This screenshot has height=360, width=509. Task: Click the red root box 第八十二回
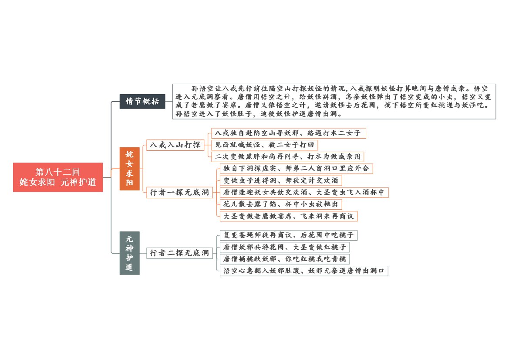(58, 177)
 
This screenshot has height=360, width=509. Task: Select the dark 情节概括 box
(142, 102)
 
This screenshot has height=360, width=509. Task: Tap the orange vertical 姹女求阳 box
(129, 169)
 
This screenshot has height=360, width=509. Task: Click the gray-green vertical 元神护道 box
(129, 253)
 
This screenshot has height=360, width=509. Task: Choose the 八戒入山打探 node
(175, 145)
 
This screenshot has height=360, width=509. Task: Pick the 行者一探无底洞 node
(179, 192)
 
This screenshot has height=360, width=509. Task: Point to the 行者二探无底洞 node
(179, 253)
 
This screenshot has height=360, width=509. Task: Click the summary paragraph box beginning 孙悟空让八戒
(334, 102)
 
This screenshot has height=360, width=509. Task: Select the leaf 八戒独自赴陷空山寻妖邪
(289, 133)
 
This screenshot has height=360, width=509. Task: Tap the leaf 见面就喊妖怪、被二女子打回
(265, 145)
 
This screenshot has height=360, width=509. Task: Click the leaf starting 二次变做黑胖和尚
(288, 156)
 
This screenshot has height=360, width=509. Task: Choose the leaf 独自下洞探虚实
(297, 169)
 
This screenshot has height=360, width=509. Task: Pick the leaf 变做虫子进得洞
(281, 180)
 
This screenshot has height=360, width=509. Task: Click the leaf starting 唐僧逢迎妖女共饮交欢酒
(304, 192)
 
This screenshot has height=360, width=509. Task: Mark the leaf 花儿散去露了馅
(281, 204)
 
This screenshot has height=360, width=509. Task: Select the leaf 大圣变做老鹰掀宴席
(289, 216)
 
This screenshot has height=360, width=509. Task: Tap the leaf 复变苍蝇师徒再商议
(289, 235)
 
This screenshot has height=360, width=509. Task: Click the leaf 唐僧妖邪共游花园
(285, 247)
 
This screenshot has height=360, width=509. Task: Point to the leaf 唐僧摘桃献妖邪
(285, 259)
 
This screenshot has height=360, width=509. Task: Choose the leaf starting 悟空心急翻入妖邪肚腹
(304, 271)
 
